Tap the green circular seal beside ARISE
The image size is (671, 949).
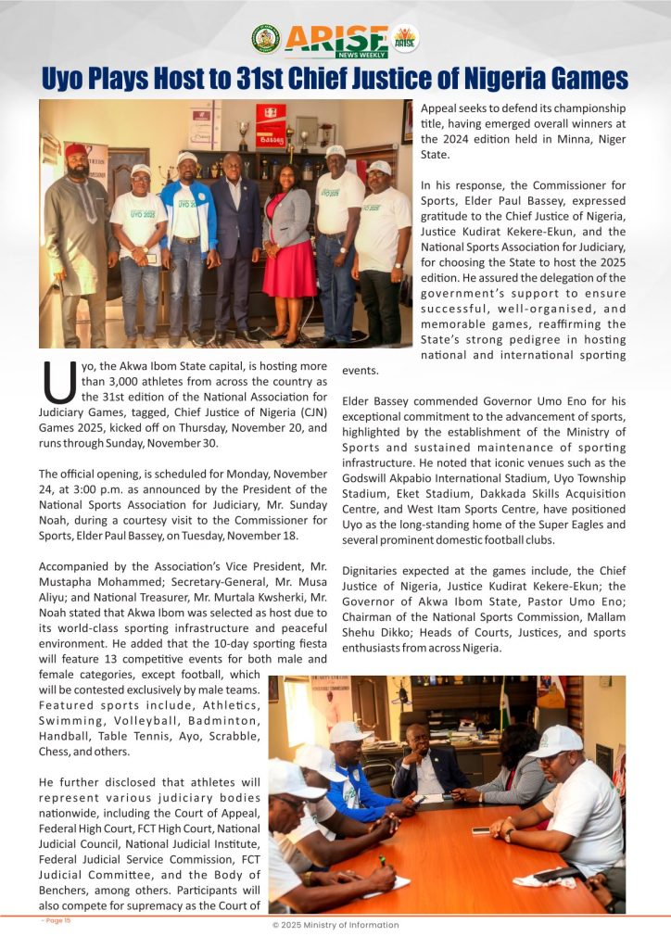[x=265, y=38]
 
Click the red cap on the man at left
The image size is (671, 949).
[x=76, y=150]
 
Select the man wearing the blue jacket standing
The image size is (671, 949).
[x=188, y=232]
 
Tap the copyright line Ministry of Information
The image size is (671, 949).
[x=335, y=925]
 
